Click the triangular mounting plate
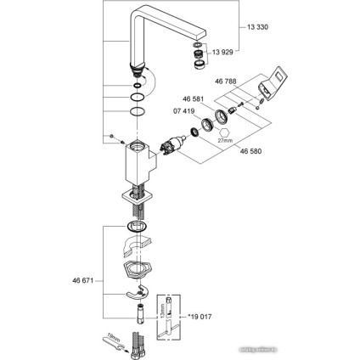134,271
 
